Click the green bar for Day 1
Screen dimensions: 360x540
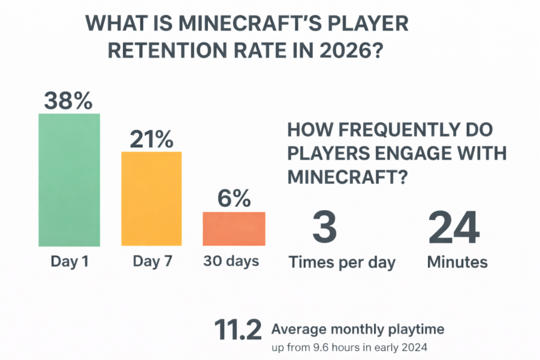[69, 180]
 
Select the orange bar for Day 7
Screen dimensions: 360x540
[151, 198]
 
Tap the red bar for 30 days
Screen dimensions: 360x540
[234, 228]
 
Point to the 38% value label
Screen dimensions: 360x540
[69, 101]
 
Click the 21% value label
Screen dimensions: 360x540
[151, 140]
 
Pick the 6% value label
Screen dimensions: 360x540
[234, 199]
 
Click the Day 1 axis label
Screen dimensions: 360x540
[69, 262]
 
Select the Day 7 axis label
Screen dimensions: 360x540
[151, 262]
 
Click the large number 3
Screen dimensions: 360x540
[324, 228]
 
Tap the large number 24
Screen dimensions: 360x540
[453, 228]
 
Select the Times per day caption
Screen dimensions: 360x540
[342, 262]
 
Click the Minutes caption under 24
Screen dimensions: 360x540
[457, 262]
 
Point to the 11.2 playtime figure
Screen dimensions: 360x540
[237, 331]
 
